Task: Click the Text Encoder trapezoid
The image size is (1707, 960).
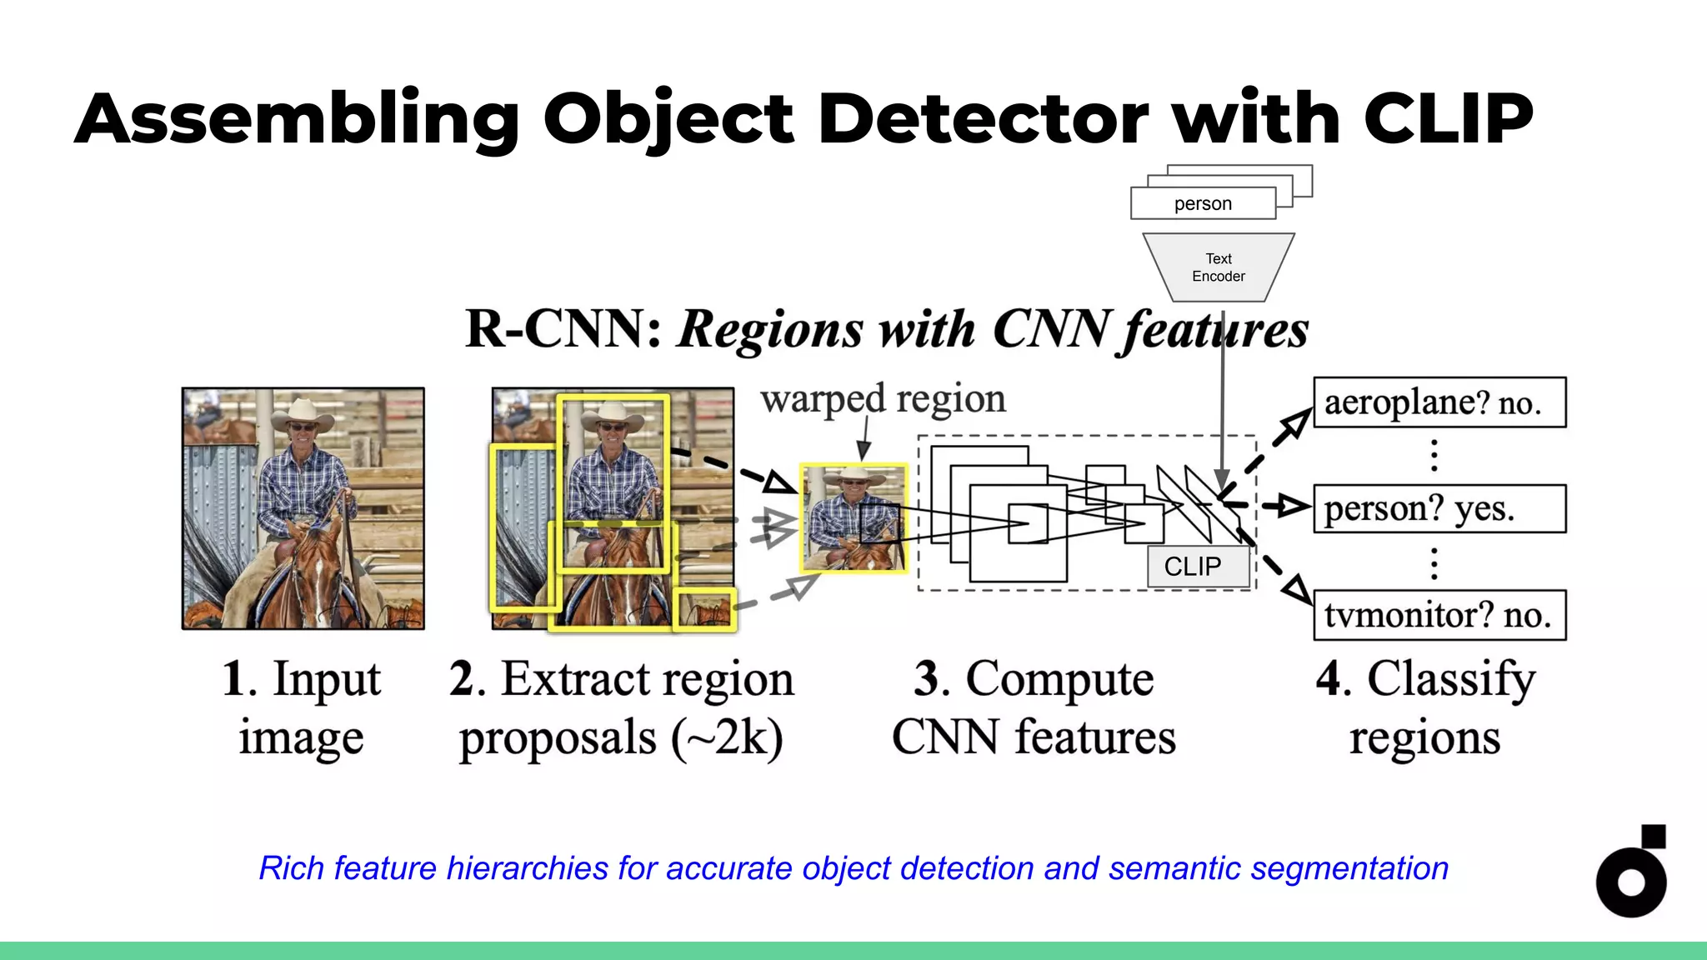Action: (1218, 267)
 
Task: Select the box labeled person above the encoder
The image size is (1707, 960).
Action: (1202, 203)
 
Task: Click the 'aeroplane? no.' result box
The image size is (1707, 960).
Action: (1439, 402)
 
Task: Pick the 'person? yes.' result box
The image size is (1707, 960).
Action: (1439, 508)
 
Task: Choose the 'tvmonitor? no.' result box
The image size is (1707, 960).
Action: (1439, 615)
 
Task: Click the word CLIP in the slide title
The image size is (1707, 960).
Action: (1448, 118)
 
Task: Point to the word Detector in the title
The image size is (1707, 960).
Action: (984, 118)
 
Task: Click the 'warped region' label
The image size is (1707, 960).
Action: (883, 398)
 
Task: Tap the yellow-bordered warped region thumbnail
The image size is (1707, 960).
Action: (853, 518)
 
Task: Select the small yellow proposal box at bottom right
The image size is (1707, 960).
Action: (704, 609)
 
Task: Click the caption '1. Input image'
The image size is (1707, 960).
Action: (302, 707)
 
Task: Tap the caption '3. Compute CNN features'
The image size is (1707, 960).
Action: (1034, 707)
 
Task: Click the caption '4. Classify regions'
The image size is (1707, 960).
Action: (1425, 707)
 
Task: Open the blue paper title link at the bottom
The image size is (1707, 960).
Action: (853, 868)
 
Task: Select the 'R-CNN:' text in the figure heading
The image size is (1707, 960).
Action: (563, 329)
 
